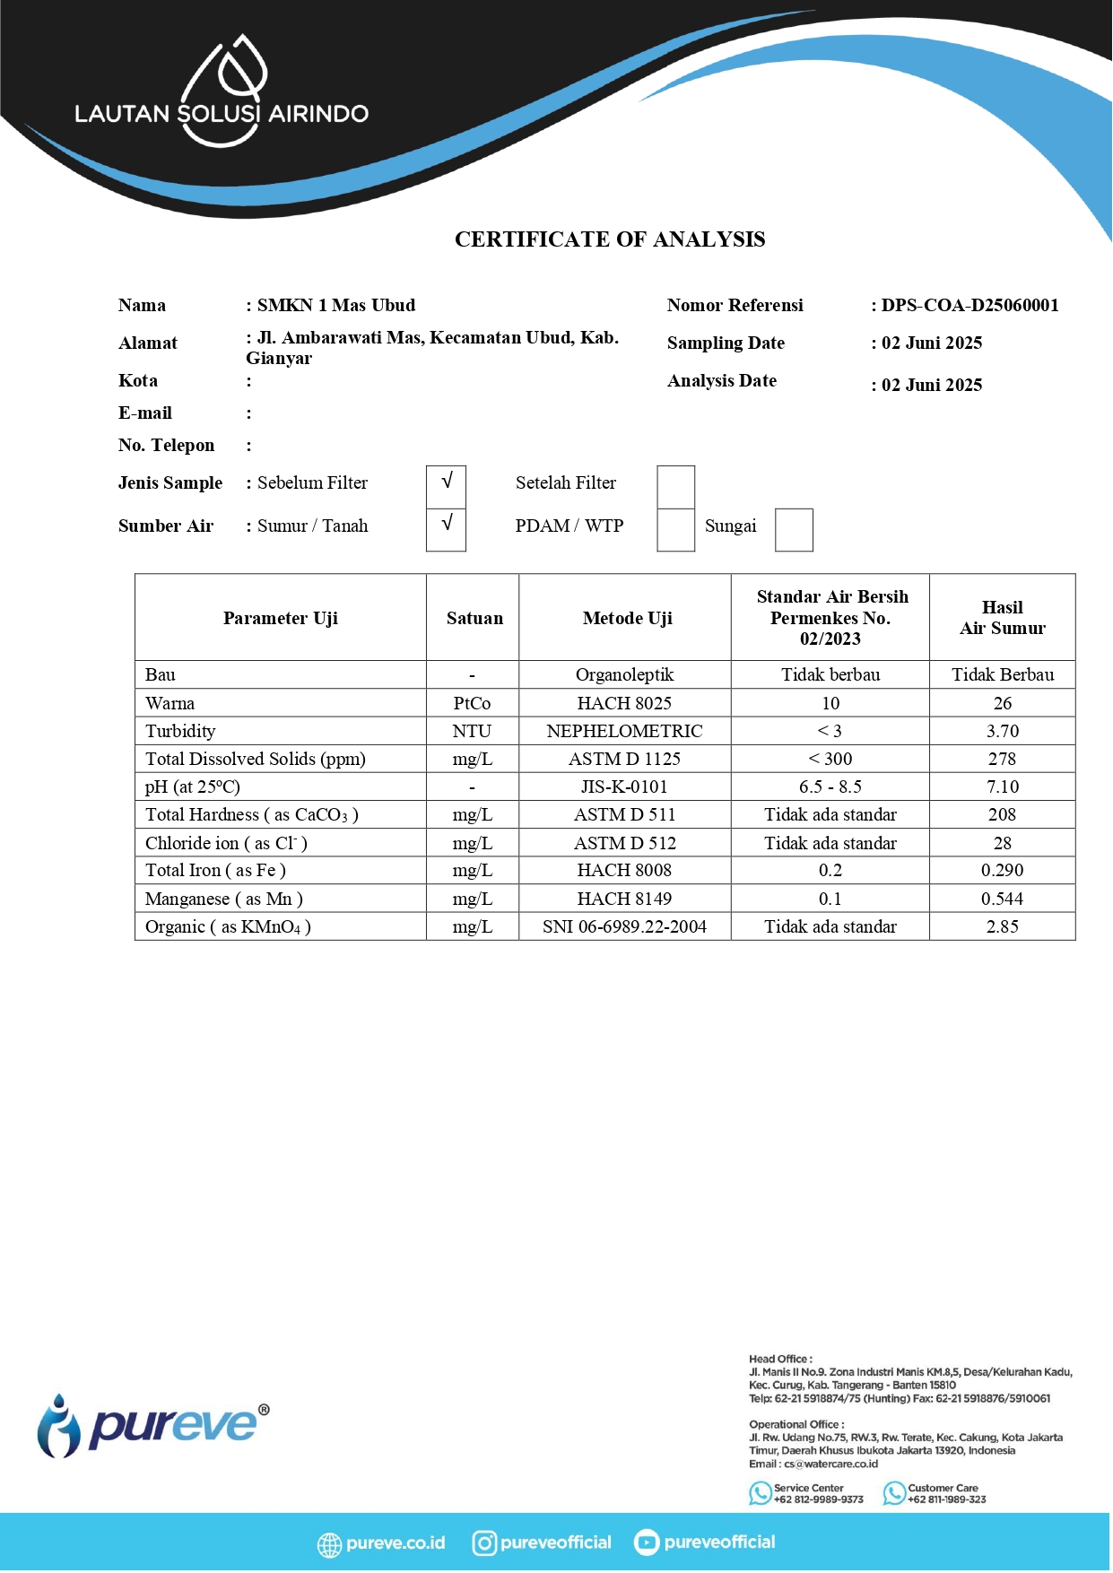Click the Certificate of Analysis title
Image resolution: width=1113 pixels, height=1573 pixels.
[610, 239]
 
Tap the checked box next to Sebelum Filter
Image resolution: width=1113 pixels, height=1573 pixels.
[446, 484]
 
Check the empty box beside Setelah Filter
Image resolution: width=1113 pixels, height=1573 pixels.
[675, 485]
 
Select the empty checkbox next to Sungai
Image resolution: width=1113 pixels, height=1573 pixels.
[793, 529]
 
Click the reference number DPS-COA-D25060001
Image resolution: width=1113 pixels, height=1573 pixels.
[970, 306]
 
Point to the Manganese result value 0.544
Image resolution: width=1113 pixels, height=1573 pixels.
[1002, 899]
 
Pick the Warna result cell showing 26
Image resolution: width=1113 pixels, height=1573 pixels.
[1002, 703]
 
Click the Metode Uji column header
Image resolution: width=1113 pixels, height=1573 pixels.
[627, 618]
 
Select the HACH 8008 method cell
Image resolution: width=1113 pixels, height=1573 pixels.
[624, 870]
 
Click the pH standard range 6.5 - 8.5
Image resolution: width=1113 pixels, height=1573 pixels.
[830, 786]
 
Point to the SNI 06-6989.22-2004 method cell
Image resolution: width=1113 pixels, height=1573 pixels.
[624, 926]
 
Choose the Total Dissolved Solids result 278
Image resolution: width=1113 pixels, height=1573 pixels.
[1002, 759]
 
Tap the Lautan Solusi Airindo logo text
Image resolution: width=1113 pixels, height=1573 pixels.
[222, 113]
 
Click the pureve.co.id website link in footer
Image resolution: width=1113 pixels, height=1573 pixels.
[395, 1543]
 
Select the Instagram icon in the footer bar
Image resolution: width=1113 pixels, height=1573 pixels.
[484, 1543]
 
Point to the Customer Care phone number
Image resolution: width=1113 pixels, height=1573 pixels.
[946, 1499]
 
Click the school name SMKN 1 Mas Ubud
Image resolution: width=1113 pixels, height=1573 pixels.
[336, 306]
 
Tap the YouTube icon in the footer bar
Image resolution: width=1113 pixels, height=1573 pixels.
[646, 1543]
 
